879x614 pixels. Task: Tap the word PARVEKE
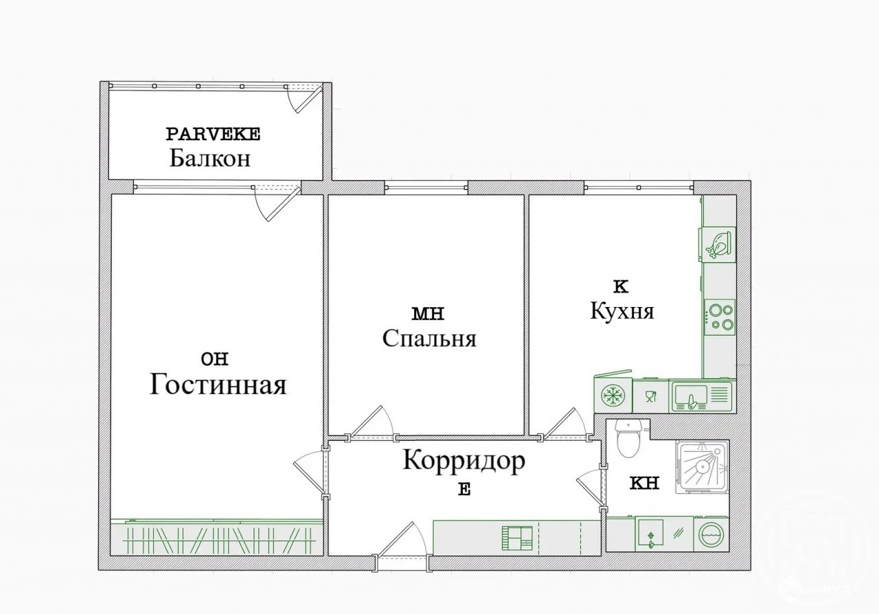coord(213,134)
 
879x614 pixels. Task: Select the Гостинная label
coord(218,384)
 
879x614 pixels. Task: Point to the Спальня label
coord(429,339)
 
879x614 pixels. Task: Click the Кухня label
coord(622,311)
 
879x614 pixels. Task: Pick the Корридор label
coord(464,461)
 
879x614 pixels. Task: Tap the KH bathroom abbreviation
coord(644,484)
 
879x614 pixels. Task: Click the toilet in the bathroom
coord(628,438)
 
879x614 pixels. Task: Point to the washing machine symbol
coord(711,534)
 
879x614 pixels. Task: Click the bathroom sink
coord(650,533)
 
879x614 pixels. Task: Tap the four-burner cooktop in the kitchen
coord(720,317)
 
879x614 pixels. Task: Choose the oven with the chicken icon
coord(718,245)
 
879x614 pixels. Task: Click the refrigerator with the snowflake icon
coord(613,394)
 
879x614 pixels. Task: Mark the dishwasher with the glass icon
coord(650,396)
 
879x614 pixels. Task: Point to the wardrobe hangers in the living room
coord(218,541)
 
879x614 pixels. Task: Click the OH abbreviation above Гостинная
coord(214,359)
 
